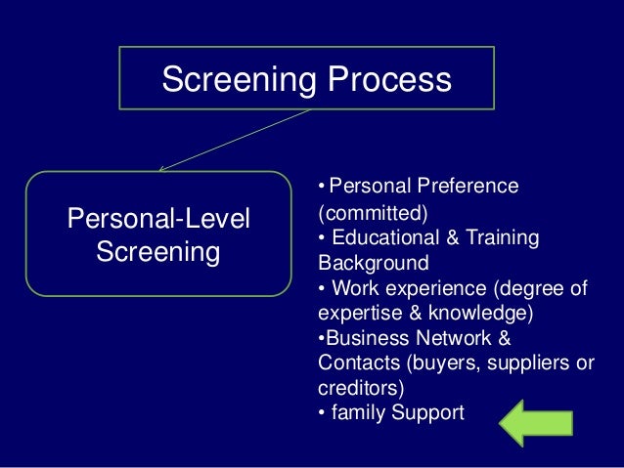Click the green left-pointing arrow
click(x=535, y=422)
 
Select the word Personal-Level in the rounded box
click(x=158, y=219)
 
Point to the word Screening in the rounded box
click(x=158, y=252)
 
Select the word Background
click(x=373, y=263)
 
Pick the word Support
click(x=426, y=413)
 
